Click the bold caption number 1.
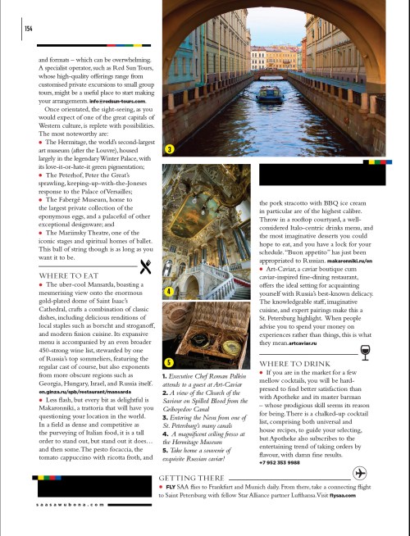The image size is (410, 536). pos(166,373)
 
